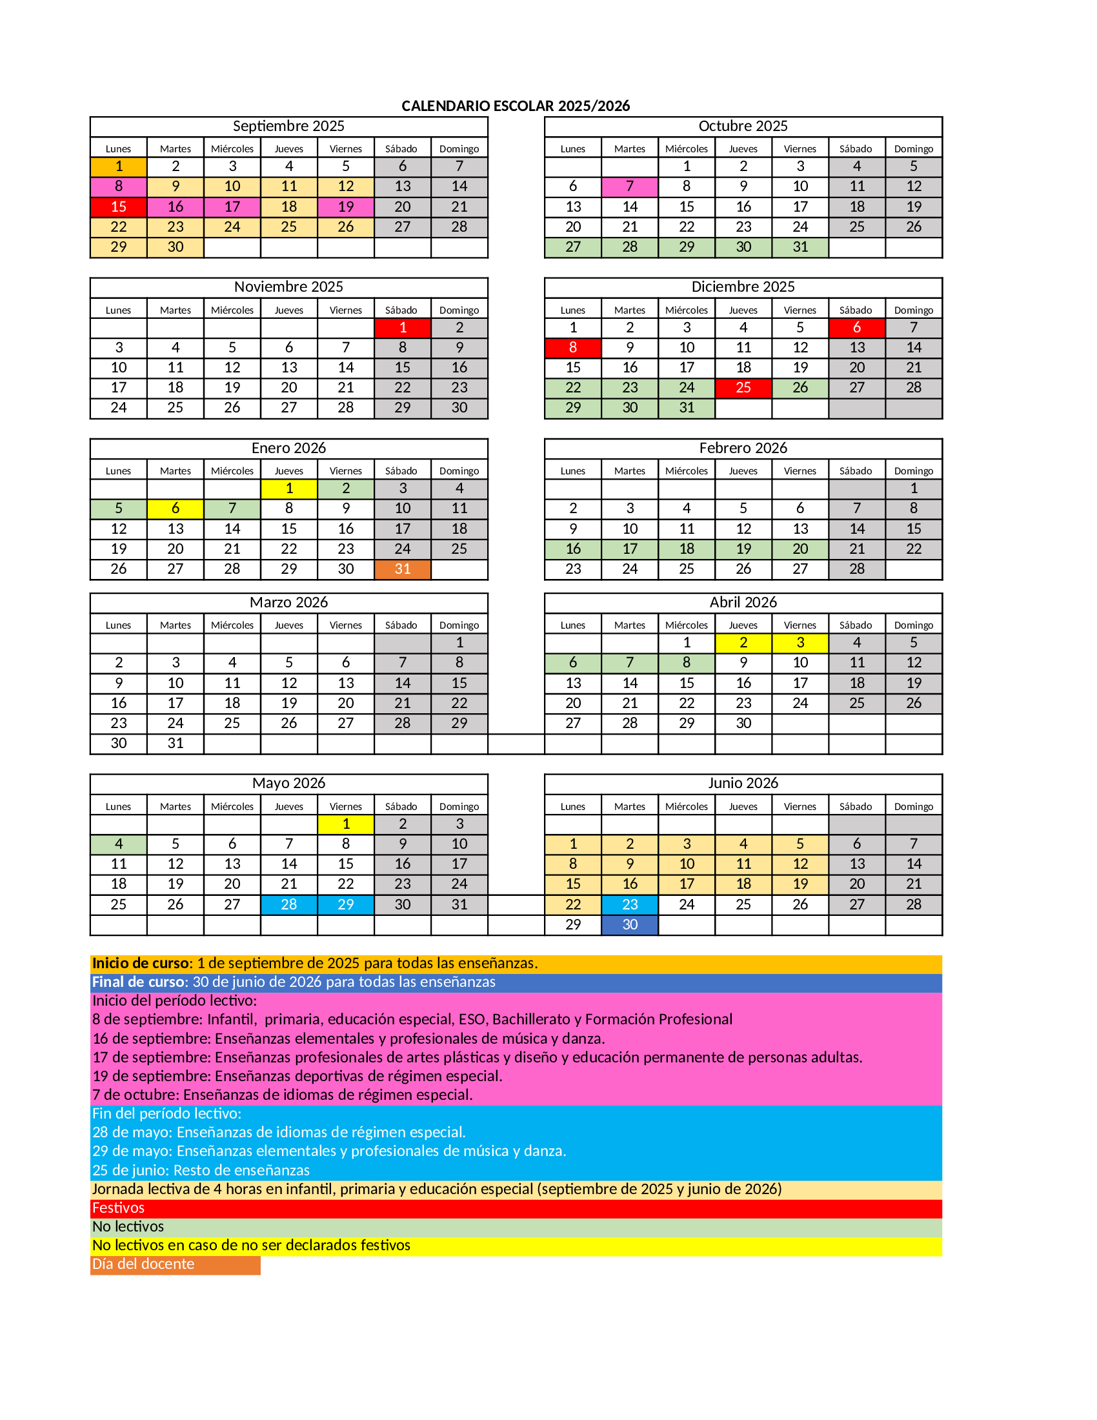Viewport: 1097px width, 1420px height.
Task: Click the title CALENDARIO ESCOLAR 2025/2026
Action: (516, 106)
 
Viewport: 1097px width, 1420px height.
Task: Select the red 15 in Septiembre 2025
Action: (118, 207)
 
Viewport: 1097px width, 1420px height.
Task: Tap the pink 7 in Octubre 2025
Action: (629, 187)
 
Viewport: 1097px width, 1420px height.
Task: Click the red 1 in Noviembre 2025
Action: (402, 328)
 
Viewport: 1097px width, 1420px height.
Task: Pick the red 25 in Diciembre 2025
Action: (743, 387)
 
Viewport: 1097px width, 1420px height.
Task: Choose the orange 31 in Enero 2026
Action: (402, 569)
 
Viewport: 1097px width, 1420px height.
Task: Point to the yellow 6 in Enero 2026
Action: (176, 509)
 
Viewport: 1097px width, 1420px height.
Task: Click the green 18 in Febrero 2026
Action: (687, 549)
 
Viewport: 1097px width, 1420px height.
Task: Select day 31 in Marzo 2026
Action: (176, 743)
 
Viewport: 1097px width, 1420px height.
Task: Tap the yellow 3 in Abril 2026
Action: (800, 643)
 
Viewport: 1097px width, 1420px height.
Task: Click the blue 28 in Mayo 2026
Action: (288, 904)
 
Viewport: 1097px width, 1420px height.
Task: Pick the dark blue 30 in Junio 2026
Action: (629, 924)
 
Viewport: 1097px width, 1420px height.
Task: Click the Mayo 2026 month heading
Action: (288, 784)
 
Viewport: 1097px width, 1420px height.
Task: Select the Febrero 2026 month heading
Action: (743, 448)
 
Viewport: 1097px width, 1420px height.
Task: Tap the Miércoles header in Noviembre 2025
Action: (232, 310)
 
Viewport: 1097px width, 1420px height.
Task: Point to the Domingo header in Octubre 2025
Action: (913, 149)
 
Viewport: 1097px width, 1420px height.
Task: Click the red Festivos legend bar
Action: (516, 1208)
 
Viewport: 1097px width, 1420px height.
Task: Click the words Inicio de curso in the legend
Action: (140, 964)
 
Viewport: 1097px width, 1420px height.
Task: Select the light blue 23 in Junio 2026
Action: (629, 904)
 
